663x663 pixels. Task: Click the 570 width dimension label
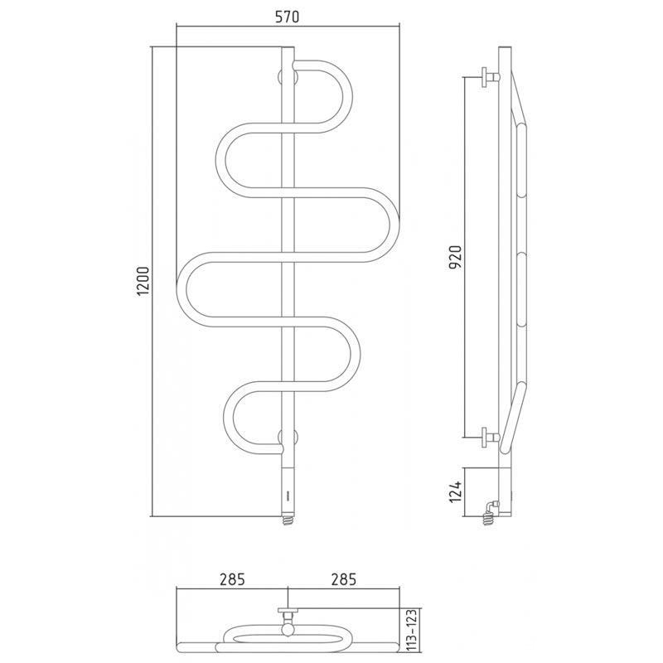287,17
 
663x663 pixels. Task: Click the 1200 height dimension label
143,281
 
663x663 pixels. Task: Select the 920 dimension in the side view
456,257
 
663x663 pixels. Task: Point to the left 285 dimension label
232,579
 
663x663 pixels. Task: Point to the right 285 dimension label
343,579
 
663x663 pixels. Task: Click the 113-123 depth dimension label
414,631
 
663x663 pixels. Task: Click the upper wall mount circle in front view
288,78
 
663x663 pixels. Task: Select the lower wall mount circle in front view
288,437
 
